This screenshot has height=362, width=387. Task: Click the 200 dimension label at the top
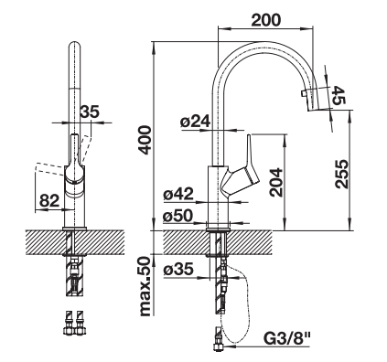pyautogui.click(x=265, y=20)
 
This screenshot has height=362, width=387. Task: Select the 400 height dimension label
pyautogui.click(x=145, y=140)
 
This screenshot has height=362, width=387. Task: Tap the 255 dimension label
pyautogui.click(x=341, y=174)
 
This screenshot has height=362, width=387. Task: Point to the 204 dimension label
pyautogui.click(x=276, y=182)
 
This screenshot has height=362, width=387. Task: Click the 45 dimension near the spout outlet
pyautogui.click(x=338, y=95)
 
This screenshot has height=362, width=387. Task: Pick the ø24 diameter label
pyautogui.click(x=195, y=122)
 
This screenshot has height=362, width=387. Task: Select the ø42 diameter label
pyautogui.click(x=178, y=194)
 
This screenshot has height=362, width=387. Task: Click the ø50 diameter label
pyautogui.click(x=177, y=216)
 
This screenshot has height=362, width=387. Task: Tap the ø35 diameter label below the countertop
pyautogui.click(x=178, y=270)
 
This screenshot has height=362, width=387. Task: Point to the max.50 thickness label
pyautogui.click(x=145, y=286)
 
